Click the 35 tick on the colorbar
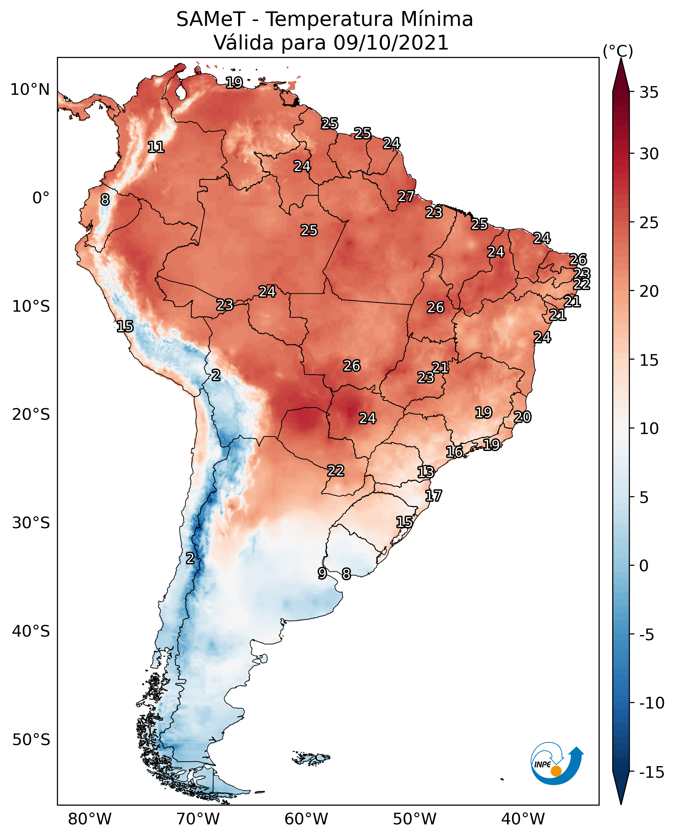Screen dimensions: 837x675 coord(649,93)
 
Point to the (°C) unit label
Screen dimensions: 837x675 coord(618,51)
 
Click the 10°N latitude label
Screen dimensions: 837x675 coord(30,90)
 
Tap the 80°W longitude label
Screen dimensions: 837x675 coord(90,819)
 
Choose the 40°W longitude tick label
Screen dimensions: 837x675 coord(523,819)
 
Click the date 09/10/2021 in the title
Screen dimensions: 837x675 coord(391,43)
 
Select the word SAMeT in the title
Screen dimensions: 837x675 coord(210,19)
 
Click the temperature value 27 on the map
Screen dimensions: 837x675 coord(406,196)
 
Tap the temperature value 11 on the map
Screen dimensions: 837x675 coord(156,147)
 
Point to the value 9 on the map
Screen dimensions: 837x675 coord(322,573)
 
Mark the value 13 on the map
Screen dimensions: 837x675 coord(426,472)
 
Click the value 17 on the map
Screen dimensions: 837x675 coord(434,496)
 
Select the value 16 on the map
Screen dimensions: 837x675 coord(454,452)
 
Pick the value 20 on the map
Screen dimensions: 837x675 coord(522,417)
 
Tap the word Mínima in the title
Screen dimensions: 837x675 coord(437,19)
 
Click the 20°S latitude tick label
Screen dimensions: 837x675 coord(31,415)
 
